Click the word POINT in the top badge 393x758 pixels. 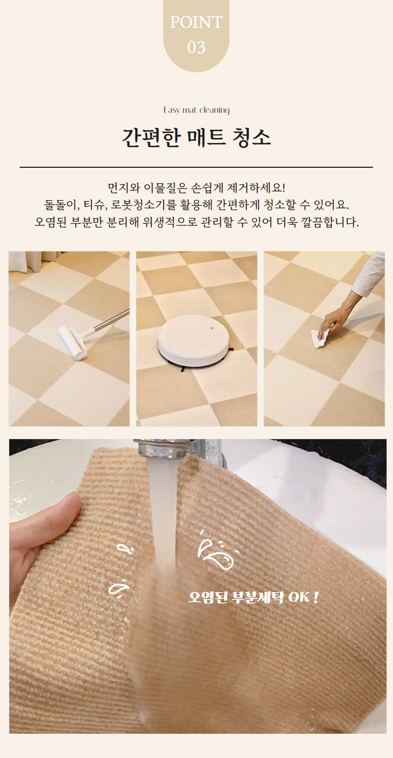(196, 22)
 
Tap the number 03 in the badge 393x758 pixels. (196, 48)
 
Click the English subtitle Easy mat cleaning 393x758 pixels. (196, 110)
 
